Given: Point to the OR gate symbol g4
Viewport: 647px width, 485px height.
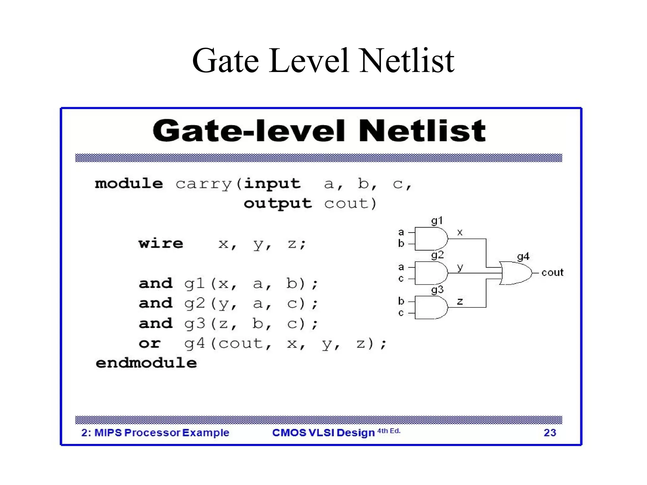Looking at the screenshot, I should click(x=515, y=273).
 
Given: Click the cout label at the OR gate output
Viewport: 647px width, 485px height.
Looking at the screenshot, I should click(x=552, y=272).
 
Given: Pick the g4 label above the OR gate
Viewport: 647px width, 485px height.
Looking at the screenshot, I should click(x=523, y=256).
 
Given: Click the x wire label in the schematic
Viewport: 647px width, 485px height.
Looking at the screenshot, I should click(x=460, y=233).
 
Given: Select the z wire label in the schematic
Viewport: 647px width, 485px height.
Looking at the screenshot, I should click(x=460, y=301).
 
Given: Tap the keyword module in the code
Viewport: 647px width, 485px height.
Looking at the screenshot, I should click(x=129, y=184).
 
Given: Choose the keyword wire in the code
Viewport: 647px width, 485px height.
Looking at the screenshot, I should click(x=161, y=244).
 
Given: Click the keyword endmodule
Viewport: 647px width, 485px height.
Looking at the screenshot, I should click(x=146, y=363).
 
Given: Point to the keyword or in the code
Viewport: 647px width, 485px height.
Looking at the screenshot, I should click(x=150, y=343).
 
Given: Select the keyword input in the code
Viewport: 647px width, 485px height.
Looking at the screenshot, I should click(x=272, y=184).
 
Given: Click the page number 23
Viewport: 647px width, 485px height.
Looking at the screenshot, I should click(x=550, y=433).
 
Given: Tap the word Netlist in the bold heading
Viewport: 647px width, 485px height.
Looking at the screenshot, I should click(x=422, y=130).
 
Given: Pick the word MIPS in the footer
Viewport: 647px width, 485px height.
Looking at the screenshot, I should click(x=108, y=433).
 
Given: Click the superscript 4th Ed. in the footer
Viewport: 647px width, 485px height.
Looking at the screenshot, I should click(x=389, y=431).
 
